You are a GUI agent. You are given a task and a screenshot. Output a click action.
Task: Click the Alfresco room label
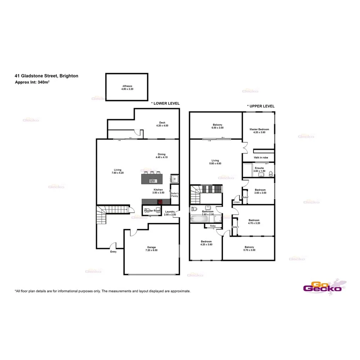pos(127,86)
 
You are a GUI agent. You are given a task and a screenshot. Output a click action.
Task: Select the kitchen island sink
pos(153,180)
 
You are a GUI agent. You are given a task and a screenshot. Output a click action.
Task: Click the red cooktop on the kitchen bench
pos(159,201)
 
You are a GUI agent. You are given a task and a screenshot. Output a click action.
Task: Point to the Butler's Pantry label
pos(175,195)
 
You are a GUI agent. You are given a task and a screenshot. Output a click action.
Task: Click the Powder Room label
pos(152,211)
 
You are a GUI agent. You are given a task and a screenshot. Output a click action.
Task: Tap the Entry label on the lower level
pos(113,251)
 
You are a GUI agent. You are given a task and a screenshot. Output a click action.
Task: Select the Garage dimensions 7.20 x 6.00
pos(152,250)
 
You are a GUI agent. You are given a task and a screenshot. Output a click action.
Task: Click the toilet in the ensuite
pos(271,173)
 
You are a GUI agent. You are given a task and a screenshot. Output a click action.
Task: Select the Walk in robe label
pos(261,158)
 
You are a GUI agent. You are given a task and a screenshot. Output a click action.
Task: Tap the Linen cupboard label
pos(236,202)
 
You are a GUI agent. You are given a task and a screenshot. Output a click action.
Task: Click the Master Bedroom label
pos(259,129)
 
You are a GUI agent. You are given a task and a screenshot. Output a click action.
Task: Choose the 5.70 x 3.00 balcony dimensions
pos(249,250)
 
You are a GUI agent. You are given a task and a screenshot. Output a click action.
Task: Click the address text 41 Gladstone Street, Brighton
pos(46,76)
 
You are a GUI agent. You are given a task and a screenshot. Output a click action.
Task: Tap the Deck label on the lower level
pos(162,122)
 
